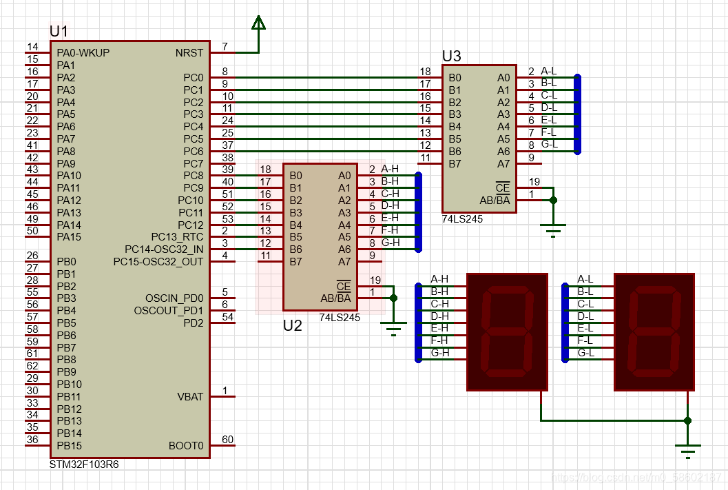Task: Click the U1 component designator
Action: pyautogui.click(x=59, y=31)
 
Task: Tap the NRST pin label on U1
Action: pyautogui.click(x=189, y=52)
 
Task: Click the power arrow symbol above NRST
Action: pyautogui.click(x=258, y=24)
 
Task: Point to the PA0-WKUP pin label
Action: pyautogui.click(x=83, y=52)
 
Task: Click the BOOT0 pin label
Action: pyautogui.click(x=186, y=446)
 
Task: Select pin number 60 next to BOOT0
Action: pyautogui.click(x=227, y=440)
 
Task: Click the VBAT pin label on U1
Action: pyautogui.click(x=190, y=396)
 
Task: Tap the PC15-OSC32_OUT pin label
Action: pyautogui.click(x=158, y=261)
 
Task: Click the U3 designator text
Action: pyautogui.click(x=451, y=57)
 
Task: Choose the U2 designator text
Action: pyautogui.click(x=293, y=325)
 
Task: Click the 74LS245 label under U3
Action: pyautogui.click(x=461, y=219)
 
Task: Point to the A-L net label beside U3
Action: pyautogui.click(x=549, y=70)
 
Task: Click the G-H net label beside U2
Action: pyautogui.click(x=391, y=242)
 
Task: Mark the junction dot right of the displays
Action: pyautogui.click(x=687, y=420)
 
